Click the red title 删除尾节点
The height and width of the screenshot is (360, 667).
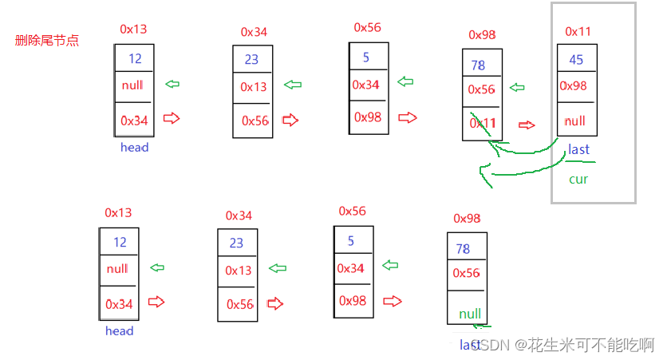[47, 41]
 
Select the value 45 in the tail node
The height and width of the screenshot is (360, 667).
[576, 60]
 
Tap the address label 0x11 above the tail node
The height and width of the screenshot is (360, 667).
[578, 31]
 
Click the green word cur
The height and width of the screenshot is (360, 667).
[578, 179]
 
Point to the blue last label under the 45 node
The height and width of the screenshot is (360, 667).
[578, 149]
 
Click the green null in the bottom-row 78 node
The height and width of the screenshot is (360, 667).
[470, 314]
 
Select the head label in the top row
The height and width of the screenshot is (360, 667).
[134, 147]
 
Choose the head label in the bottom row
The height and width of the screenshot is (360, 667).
[119, 330]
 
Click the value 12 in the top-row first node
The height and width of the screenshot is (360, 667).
[134, 58]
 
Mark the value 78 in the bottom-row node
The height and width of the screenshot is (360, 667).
[463, 248]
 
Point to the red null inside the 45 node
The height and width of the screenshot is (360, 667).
[574, 121]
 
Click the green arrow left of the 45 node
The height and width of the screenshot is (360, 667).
[516, 88]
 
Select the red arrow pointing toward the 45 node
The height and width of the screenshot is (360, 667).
[526, 125]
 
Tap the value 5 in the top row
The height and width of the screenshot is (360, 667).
[366, 57]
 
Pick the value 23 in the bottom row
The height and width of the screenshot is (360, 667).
[236, 243]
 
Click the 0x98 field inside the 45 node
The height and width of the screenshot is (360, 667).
[574, 85]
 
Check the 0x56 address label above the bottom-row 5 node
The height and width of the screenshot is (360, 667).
[353, 211]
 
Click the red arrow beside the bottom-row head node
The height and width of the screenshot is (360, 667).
[156, 302]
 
